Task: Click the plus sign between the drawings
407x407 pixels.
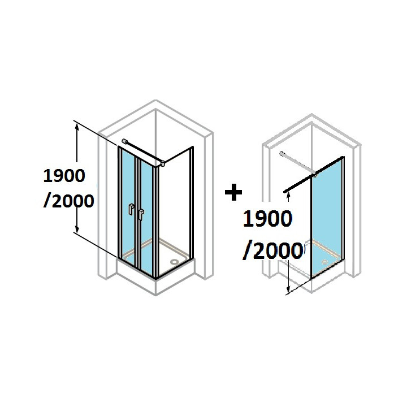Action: (233, 193)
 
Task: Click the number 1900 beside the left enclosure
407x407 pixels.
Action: (64, 177)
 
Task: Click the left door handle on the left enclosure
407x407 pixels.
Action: (131, 209)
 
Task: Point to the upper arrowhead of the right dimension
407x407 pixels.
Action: (289, 196)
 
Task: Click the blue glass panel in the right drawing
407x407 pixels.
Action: (327, 220)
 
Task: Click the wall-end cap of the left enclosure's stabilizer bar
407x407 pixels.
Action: (124, 141)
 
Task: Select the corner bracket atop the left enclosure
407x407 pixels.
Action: (163, 163)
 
